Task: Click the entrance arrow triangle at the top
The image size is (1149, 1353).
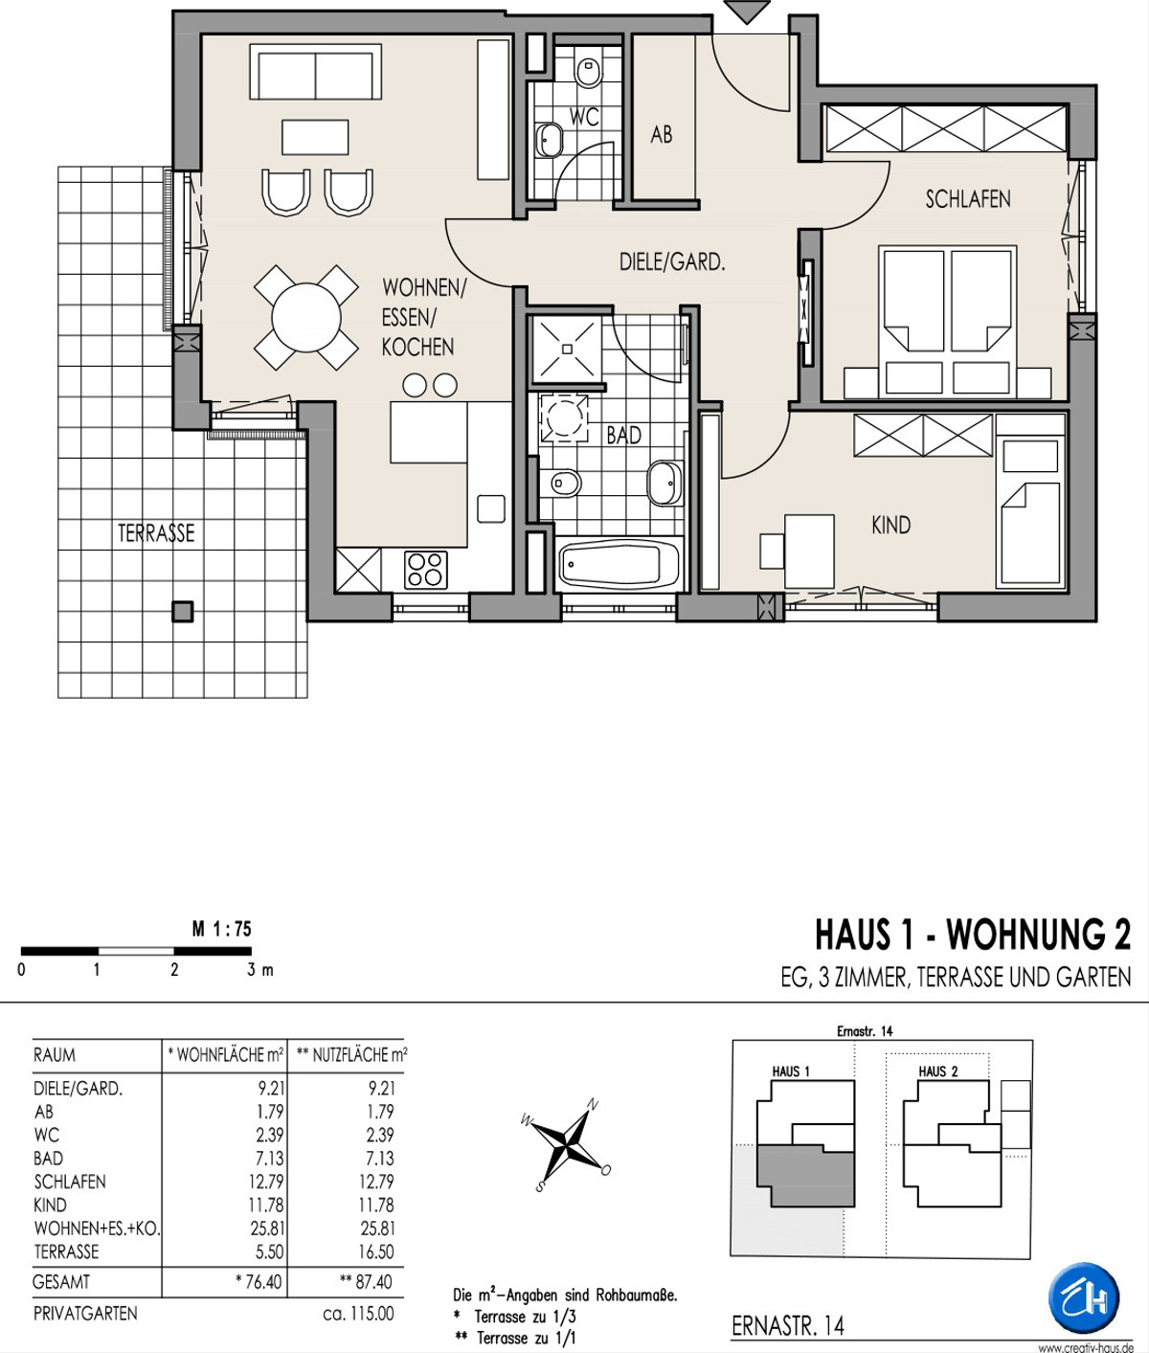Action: (x=747, y=11)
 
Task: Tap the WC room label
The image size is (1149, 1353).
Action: (x=584, y=117)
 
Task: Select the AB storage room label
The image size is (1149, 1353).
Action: (x=662, y=135)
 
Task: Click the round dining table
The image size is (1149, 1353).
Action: (x=305, y=317)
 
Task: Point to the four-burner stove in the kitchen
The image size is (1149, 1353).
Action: (x=425, y=570)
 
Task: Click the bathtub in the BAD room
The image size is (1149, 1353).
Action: (x=620, y=564)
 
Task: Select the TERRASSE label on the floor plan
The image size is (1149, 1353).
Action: (x=156, y=533)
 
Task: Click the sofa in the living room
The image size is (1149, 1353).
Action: (x=316, y=72)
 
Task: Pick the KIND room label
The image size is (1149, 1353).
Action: (x=890, y=525)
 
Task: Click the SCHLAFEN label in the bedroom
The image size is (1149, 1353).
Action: (x=968, y=199)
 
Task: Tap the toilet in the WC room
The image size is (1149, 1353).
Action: (x=589, y=72)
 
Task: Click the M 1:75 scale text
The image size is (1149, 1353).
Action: (x=221, y=929)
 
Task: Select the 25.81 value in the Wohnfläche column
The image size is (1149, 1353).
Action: (x=268, y=1229)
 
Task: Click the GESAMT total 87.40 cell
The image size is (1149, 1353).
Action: (x=366, y=1281)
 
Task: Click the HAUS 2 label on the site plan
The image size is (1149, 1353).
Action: (x=938, y=1071)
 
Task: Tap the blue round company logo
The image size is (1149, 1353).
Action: (x=1084, y=1298)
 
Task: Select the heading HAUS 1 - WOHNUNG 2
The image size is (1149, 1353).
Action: (x=973, y=935)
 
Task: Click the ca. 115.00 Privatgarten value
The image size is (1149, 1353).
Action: (x=358, y=1314)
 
